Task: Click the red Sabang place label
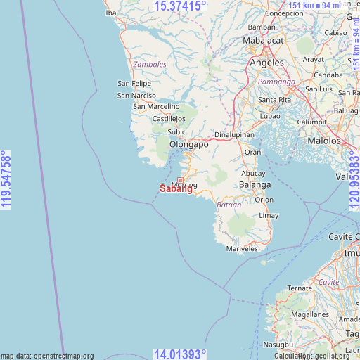(176, 189)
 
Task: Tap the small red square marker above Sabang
(180, 180)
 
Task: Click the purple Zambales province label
(150, 64)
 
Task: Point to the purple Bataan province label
(229, 205)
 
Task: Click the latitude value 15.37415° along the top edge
(180, 6)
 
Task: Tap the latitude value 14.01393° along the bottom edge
(180, 354)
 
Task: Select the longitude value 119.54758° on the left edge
(7, 180)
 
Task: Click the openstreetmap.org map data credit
(47, 356)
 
